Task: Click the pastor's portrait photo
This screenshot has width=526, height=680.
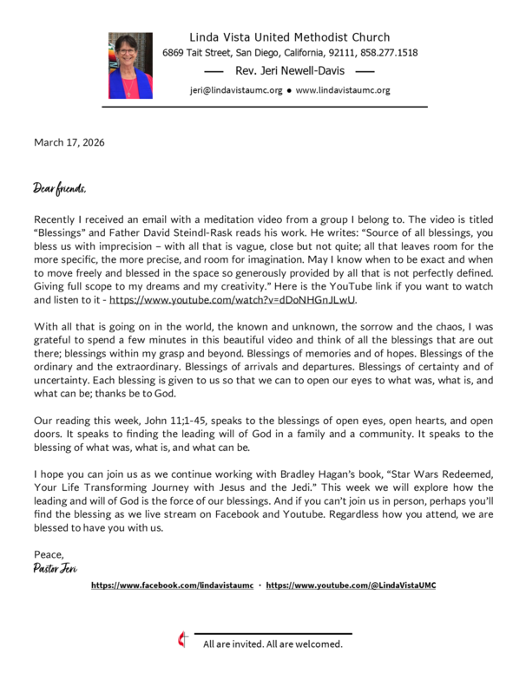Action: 130,65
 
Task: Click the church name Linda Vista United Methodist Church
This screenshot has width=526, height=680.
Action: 289,37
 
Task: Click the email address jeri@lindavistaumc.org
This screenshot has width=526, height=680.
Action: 235,90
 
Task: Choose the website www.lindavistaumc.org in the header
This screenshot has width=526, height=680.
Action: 343,90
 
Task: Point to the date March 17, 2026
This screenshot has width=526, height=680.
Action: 69,142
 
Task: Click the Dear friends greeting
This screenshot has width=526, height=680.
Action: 60,187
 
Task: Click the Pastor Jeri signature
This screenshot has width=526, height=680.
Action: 56,568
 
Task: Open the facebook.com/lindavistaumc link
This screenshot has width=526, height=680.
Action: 172,585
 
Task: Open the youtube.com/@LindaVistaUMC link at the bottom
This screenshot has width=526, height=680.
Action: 351,585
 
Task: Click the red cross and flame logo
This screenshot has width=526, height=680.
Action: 182,640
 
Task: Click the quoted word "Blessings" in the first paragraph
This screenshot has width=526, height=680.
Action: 59,233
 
